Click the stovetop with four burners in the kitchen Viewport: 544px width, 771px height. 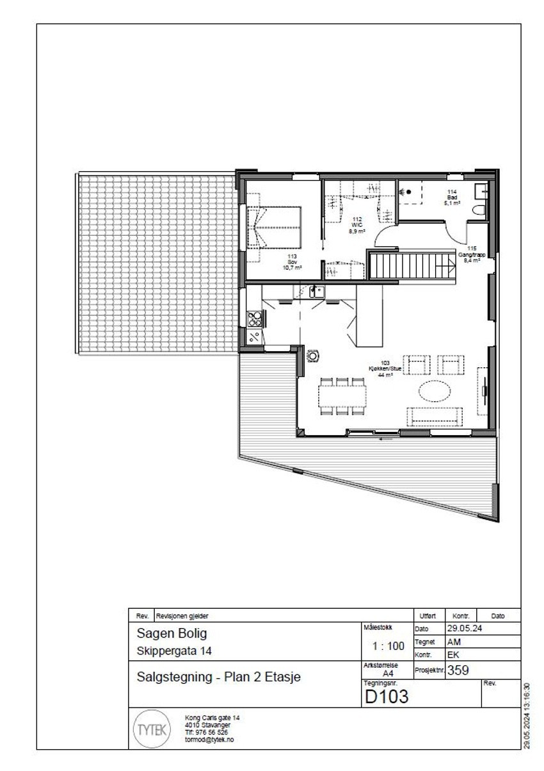[254, 316]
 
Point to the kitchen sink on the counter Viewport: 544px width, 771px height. [316, 292]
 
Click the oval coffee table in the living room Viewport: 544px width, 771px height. [436, 390]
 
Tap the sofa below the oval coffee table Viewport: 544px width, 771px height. [436, 416]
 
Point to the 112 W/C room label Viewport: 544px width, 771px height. [357, 225]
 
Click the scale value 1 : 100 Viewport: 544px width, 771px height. [387, 646]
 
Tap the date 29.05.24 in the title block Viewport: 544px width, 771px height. [463, 629]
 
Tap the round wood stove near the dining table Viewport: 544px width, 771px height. [313, 354]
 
